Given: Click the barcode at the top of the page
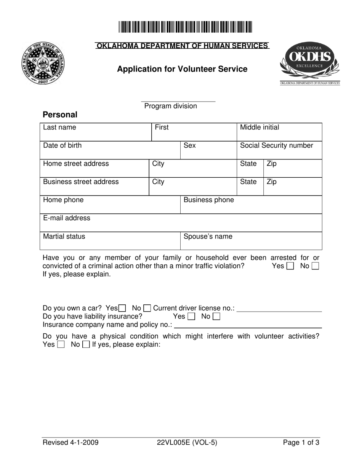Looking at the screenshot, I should pos(185,27).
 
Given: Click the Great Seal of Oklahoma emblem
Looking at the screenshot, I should pos(43,63).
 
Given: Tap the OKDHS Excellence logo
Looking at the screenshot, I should pos(310,63).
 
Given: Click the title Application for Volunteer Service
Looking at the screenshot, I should pos(182,69).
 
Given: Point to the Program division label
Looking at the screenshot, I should pos(171,106).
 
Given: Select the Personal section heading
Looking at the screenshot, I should pos(60,115).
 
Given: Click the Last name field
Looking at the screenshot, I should pos(95,132).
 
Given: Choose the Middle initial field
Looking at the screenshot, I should pos(279,132).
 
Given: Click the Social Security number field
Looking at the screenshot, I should pos(279,150).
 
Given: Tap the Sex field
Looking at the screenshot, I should pos(208,150).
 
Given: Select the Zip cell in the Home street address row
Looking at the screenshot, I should pos(292,169).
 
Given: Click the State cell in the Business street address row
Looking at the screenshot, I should pos(250,186).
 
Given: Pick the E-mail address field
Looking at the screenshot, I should pos(181,223).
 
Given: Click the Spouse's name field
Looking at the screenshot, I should pos(251,241).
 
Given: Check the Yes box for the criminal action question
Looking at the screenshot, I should pos(290,266).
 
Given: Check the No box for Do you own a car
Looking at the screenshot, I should pos(147,308).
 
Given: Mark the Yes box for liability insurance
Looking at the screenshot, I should pos(192,317).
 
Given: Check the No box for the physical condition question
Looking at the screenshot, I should pos(86,345).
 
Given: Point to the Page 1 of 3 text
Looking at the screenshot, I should pos(301,443).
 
